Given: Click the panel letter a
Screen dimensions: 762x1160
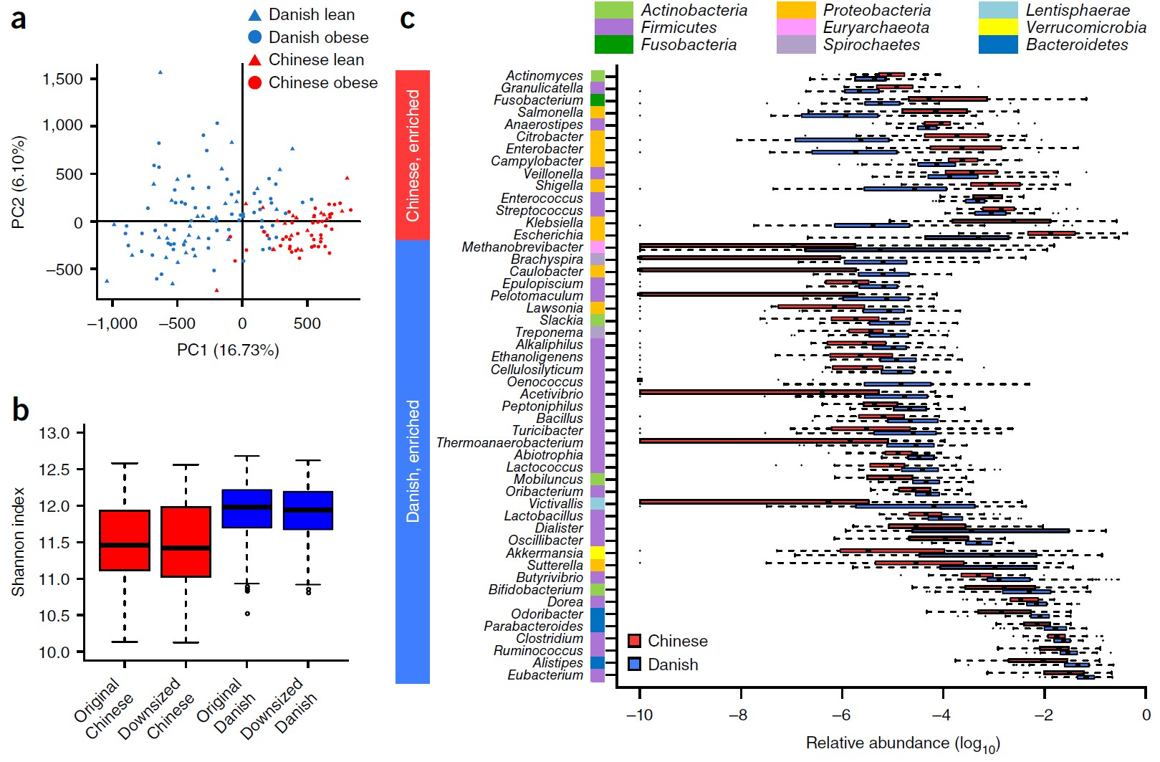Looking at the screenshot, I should [19, 19].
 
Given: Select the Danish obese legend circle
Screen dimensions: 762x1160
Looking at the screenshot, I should [254, 37].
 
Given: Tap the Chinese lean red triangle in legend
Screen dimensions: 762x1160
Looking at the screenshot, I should [254, 59].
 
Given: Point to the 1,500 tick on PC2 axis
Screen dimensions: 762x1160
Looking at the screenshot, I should [63, 79].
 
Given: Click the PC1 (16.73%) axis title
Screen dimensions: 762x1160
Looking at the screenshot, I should [228, 350].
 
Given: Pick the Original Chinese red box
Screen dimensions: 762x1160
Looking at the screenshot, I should [125, 540].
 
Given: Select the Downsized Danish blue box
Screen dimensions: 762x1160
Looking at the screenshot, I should [308, 510].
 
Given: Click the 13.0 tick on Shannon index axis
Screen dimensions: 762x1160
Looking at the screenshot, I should [54, 433].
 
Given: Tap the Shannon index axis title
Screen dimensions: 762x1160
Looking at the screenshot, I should [18, 542].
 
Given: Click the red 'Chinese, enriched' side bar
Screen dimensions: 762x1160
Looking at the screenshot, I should [413, 155].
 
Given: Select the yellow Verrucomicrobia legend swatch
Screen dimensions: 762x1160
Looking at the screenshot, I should [998, 27].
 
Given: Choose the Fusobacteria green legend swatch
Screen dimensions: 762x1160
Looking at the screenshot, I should [614, 44].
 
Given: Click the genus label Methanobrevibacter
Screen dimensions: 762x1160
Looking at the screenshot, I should [522, 247].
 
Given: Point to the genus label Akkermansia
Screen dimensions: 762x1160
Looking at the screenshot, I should [545, 553].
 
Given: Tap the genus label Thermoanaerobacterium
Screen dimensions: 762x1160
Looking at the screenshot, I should [509, 443].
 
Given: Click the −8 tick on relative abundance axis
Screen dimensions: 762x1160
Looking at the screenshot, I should [739, 715].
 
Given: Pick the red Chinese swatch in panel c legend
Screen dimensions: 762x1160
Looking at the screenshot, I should [634, 640].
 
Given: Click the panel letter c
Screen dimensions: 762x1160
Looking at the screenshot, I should [408, 19].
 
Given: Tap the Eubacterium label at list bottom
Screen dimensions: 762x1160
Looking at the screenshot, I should [545, 675].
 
